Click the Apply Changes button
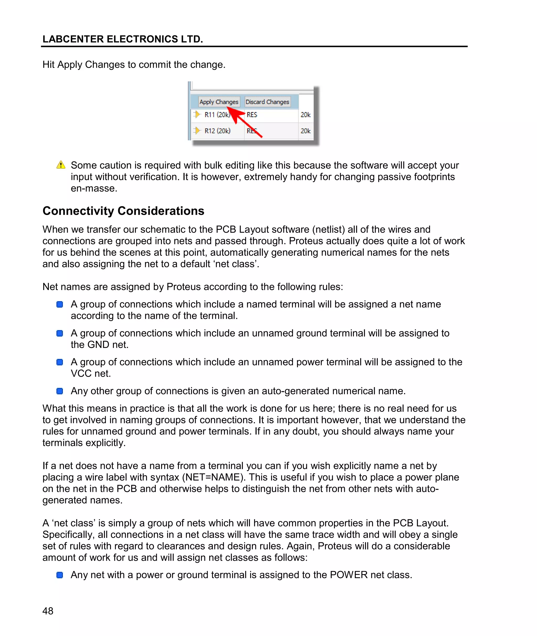(x=219, y=102)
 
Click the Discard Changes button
(x=267, y=102)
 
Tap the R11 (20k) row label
(x=217, y=115)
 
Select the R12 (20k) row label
(x=217, y=131)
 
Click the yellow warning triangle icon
(x=61, y=165)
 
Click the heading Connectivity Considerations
(x=123, y=211)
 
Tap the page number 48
(x=48, y=611)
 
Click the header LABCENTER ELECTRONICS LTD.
(x=123, y=39)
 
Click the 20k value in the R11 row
(x=305, y=115)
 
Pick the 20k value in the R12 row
(x=305, y=131)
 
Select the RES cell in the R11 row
(x=252, y=115)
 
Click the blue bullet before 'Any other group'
(x=60, y=391)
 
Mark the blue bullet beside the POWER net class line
(x=60, y=575)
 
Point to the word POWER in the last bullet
(x=348, y=575)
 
